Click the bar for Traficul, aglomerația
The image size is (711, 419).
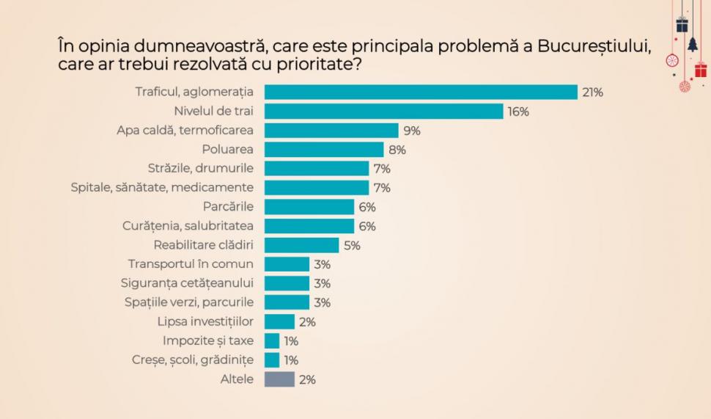[421, 92]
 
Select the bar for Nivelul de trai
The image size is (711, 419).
[383, 112]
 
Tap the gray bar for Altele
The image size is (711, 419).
[279, 379]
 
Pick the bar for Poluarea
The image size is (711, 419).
[324, 150]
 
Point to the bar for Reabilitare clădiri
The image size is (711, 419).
[301, 245]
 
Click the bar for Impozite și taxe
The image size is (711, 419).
[272, 340]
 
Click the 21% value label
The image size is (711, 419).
[592, 92]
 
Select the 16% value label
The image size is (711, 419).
[518, 112]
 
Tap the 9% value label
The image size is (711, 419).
[412, 131]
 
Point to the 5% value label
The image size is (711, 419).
[352, 246]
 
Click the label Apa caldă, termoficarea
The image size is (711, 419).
[185, 131]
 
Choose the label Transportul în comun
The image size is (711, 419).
[191, 264]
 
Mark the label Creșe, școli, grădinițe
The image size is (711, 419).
[192, 360]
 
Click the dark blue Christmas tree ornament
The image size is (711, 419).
[693, 45]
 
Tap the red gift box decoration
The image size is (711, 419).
[701, 70]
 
